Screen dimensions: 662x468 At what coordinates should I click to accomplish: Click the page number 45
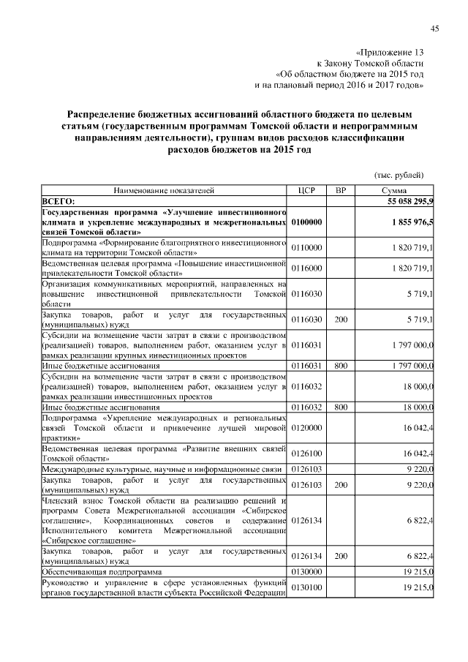pyautogui.click(x=434, y=29)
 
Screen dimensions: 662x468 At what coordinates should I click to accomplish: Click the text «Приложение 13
pyautogui.click(x=389, y=53)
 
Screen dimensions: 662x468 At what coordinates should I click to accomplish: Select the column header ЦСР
pyautogui.click(x=306, y=190)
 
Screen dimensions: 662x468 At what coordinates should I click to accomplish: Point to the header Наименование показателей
pyautogui.click(x=164, y=190)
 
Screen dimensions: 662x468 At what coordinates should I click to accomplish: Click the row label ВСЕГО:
pyautogui.click(x=59, y=200)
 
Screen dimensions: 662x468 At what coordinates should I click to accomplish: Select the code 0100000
pyautogui.click(x=306, y=222)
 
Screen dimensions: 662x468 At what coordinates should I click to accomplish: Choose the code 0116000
pyautogui.click(x=306, y=269)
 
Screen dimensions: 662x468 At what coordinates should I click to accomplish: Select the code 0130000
pyautogui.click(x=306, y=571)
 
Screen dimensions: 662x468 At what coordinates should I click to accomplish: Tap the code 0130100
pyautogui.click(x=306, y=587)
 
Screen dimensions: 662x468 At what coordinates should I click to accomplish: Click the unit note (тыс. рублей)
pyautogui.click(x=399, y=174)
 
